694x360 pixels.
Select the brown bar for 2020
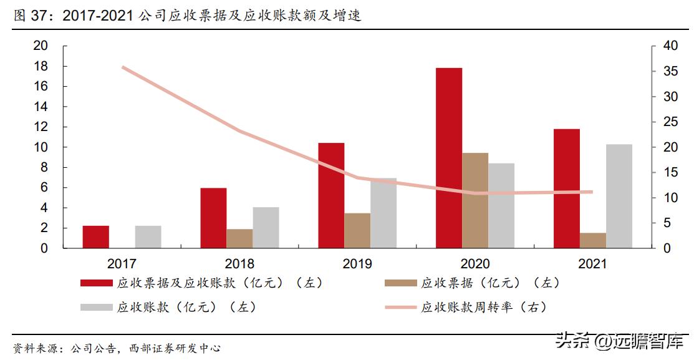pyautogui.click(x=475, y=200)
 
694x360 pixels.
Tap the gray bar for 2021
pyautogui.click(x=619, y=196)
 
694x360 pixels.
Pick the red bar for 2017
pyautogui.click(x=95, y=237)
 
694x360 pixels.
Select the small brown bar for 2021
pyautogui.click(x=593, y=241)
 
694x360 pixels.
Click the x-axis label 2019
pyautogui.click(x=357, y=264)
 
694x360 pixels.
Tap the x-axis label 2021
pyautogui.click(x=592, y=264)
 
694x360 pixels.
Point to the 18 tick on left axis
pyautogui.click(x=41, y=66)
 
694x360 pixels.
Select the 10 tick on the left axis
pyautogui.click(x=41, y=147)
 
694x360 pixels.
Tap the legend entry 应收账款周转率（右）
pyautogui.click(x=484, y=307)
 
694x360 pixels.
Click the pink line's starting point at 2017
pyautogui.click(x=123, y=67)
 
